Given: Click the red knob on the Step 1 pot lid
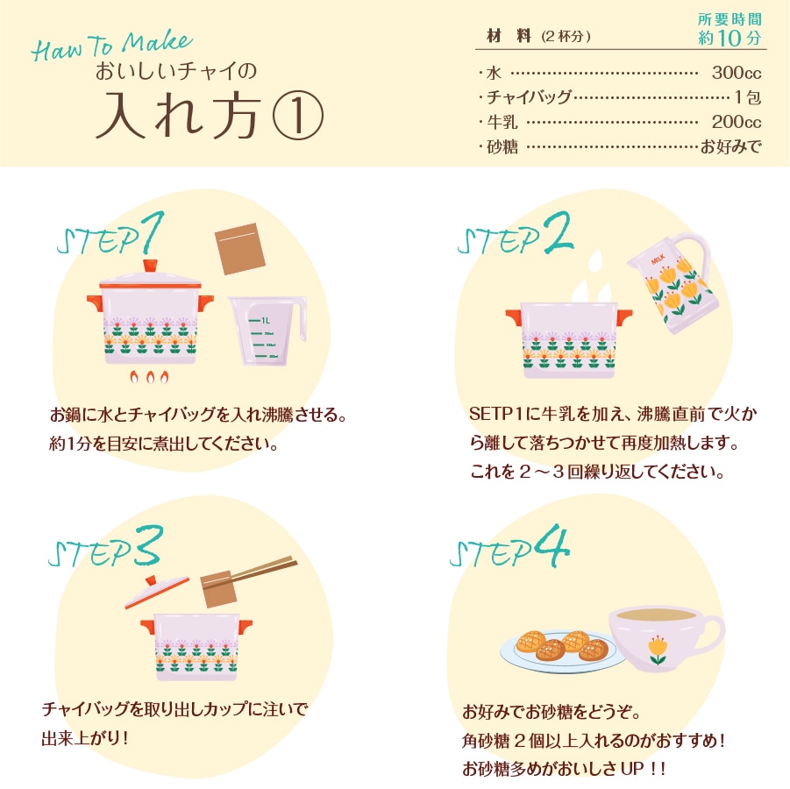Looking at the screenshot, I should point(150,264).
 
